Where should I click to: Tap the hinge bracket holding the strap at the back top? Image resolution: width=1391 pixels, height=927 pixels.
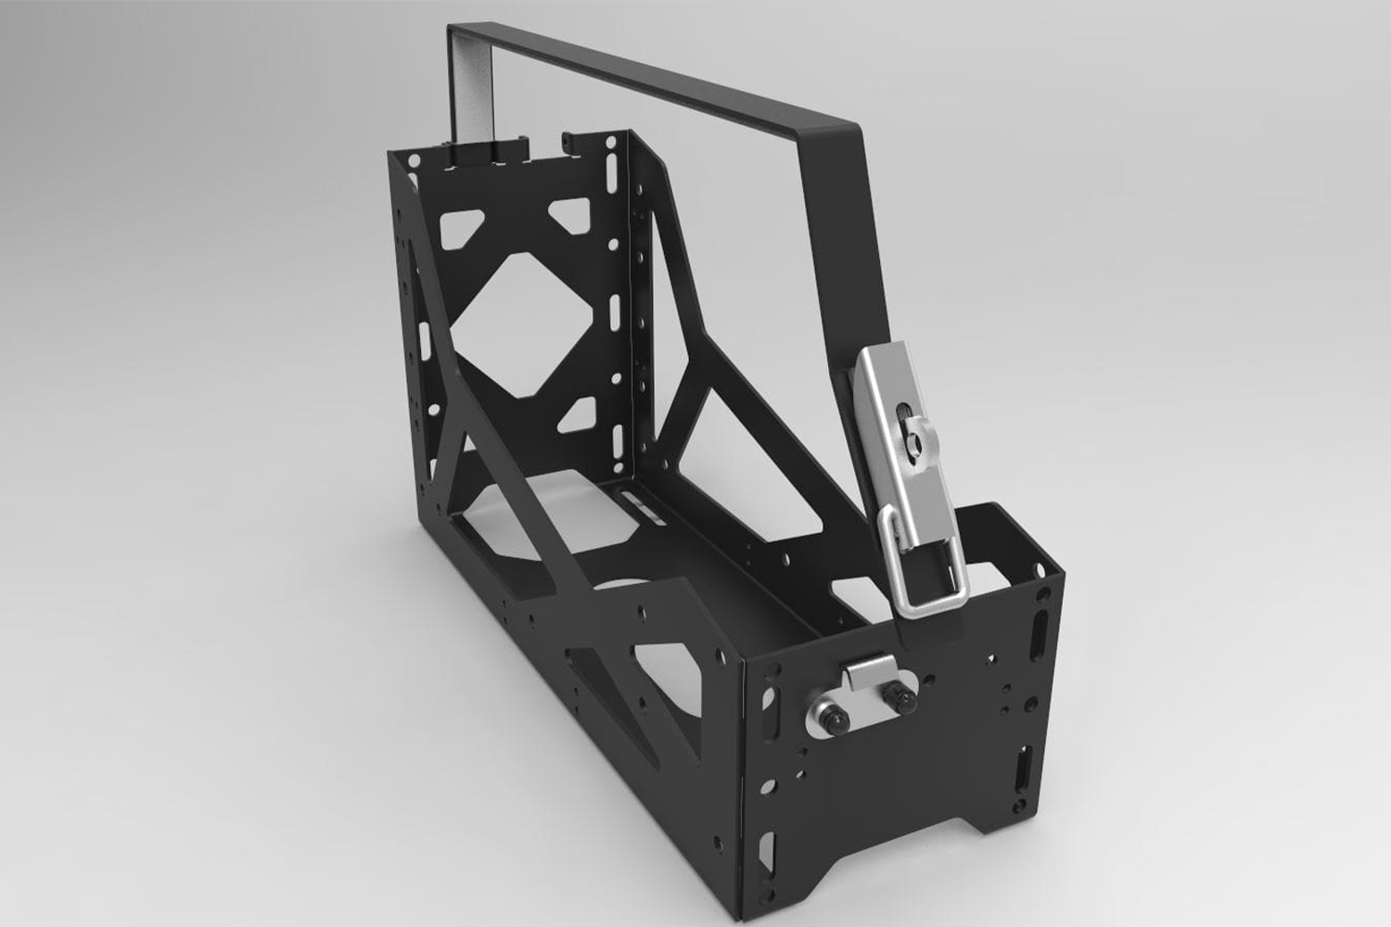(483, 154)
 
